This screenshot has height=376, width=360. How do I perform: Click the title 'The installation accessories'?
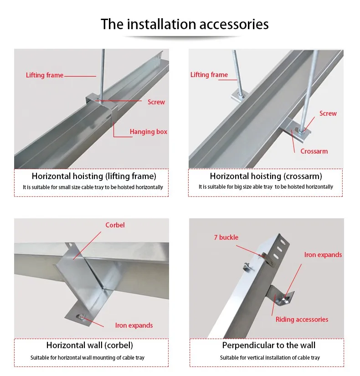[185, 24]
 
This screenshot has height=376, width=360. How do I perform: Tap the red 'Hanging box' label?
[148, 132]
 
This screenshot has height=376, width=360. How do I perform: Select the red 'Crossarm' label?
[314, 151]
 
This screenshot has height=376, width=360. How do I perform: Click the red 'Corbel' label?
[115, 225]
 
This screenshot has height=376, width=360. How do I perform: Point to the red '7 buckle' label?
[226, 237]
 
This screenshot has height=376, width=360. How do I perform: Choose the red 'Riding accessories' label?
[302, 319]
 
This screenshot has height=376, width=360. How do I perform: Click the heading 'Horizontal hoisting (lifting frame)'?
[94, 176]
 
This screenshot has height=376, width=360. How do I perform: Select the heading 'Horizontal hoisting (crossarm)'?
[266, 176]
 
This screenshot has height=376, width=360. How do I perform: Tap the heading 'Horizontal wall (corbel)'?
[90, 345]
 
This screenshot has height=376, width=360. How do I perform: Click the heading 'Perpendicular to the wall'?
[269, 345]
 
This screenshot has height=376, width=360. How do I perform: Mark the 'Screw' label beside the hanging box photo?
[156, 102]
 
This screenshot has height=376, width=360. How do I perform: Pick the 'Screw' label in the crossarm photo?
[328, 113]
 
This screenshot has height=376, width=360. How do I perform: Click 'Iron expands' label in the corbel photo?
[134, 325]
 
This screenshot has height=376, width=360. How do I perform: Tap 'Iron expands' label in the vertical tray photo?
[323, 255]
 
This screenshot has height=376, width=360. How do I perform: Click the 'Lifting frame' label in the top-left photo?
[45, 75]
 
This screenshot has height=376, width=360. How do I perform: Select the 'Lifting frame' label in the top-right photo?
[209, 75]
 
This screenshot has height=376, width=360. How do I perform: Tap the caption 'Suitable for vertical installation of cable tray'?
[270, 358]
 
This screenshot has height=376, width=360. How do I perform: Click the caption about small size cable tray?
[93, 187]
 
